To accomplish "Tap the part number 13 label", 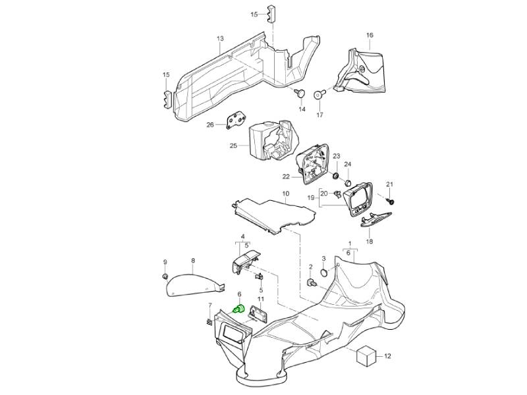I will (x=220, y=39).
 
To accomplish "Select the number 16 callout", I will (x=369, y=35).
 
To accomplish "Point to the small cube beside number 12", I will (x=366, y=356).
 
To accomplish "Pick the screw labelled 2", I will (x=311, y=283).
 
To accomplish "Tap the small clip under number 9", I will (x=166, y=276).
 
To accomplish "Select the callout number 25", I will (x=233, y=145).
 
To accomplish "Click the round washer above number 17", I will (x=319, y=94).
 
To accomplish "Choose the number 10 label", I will (x=285, y=194).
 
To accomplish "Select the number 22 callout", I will (x=286, y=177).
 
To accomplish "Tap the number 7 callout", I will (x=209, y=305).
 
